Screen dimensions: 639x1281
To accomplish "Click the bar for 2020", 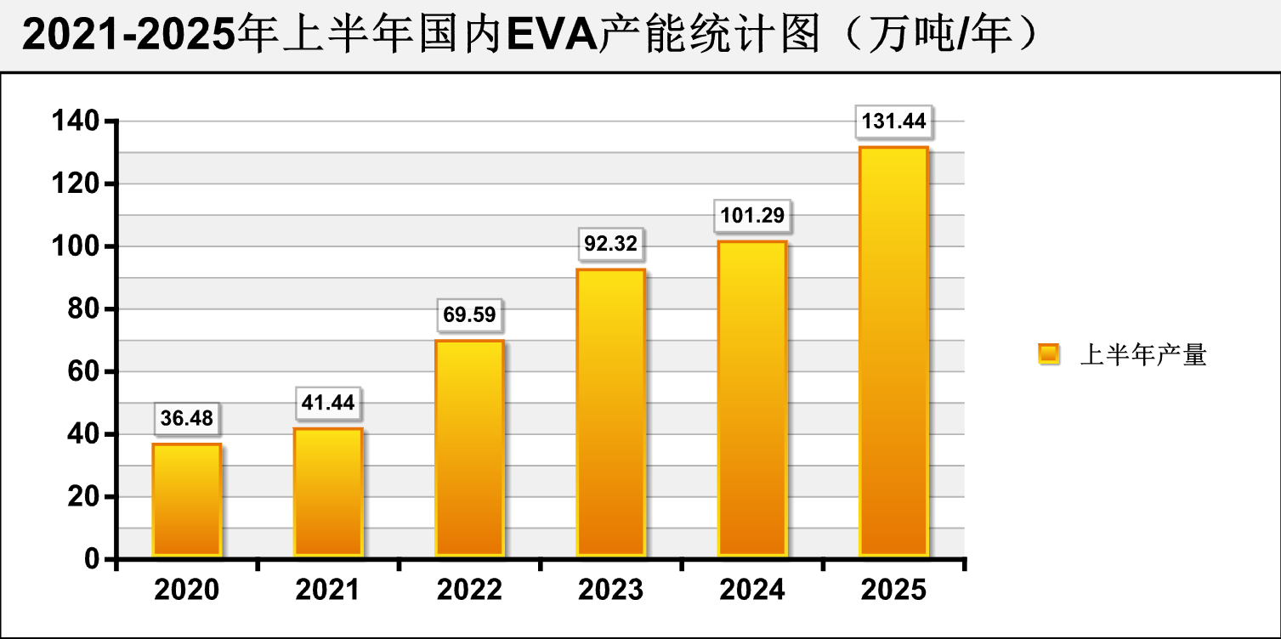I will click(x=187, y=500).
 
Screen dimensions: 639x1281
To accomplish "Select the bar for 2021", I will click(x=328, y=492).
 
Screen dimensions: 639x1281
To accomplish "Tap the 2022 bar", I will click(x=469, y=448).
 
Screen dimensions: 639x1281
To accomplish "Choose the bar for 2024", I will click(x=752, y=399).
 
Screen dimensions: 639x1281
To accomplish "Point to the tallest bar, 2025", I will click(x=893, y=352).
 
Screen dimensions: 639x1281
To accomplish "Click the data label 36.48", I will click(x=187, y=418).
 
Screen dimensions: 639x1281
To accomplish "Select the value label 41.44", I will click(x=328, y=402).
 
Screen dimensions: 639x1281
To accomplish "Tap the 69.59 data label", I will click(x=469, y=314).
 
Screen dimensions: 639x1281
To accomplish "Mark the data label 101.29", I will click(x=752, y=215).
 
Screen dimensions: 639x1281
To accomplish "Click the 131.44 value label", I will click(x=893, y=122).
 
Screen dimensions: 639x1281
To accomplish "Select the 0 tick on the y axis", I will click(x=94, y=559).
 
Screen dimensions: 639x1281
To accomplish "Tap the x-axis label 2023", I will click(x=610, y=590).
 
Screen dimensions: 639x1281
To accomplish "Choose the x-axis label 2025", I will click(x=893, y=590).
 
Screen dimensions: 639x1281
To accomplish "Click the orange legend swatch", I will click(x=1049, y=354).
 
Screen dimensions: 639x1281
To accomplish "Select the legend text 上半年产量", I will click(x=1142, y=355).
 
